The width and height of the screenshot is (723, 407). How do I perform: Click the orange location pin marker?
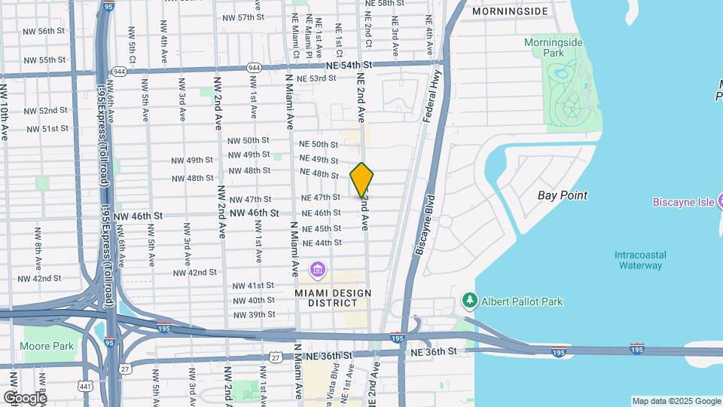[361, 179]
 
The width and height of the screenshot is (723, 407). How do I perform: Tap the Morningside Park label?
[554, 48]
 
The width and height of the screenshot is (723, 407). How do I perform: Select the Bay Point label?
[563, 195]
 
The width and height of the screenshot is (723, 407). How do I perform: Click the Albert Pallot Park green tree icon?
[470, 301]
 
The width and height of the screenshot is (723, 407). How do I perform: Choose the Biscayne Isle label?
[687, 201]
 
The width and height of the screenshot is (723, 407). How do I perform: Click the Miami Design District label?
[326, 298]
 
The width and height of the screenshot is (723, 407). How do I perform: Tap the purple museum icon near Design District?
[317, 269]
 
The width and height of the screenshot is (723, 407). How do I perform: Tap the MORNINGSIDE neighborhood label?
[509, 12]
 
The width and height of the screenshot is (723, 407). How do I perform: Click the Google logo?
[25, 397]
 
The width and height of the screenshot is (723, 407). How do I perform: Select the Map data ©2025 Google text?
[676, 401]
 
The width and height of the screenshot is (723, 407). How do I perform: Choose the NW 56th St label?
[44, 31]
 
